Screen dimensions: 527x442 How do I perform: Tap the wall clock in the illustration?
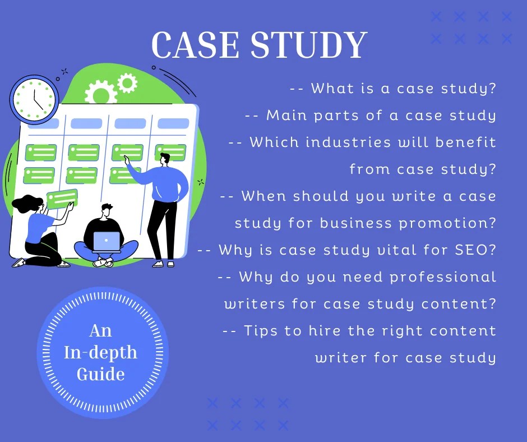[x=34, y=99]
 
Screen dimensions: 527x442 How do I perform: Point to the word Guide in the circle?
[x=101, y=374]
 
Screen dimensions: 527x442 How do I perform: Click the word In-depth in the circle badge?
[x=101, y=352]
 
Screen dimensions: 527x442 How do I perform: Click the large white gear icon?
[x=100, y=93]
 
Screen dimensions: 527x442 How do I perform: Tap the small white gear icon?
[x=127, y=83]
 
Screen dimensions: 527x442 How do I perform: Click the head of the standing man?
[x=164, y=159]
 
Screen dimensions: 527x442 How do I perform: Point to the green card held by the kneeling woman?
[x=62, y=199]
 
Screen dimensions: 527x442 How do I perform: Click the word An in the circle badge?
[x=101, y=331]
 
